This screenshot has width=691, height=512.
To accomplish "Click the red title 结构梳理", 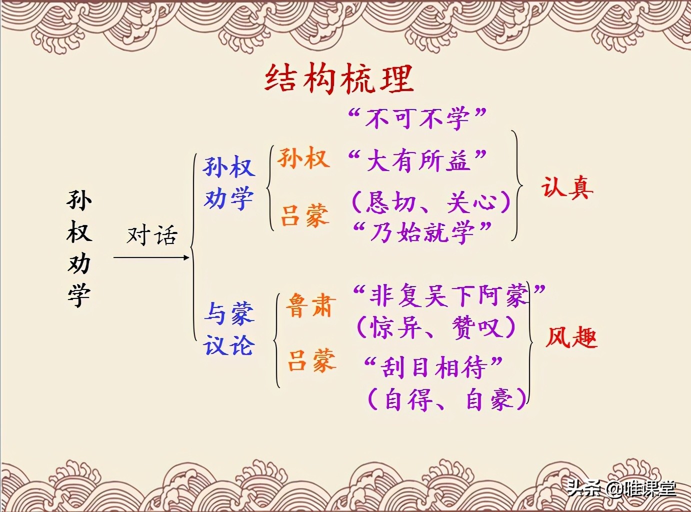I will pos(339,79).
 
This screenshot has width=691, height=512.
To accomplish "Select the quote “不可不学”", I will pos(417,118).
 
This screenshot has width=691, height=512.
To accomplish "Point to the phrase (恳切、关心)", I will pos(431,202).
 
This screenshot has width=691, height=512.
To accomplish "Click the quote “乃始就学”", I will pos(422,232).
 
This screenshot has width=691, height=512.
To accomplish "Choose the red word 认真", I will pos(567,188).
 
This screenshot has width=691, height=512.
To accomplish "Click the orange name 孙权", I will pos(303,158).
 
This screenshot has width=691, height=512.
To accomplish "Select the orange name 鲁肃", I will pos(309,305).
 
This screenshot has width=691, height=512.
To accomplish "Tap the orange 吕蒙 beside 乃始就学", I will pos(304,215).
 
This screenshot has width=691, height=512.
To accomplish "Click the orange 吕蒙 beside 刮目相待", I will pos(311,360).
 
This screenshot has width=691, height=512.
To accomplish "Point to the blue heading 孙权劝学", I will pos(228,182).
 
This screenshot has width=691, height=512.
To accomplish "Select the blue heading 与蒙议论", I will pos(229,329).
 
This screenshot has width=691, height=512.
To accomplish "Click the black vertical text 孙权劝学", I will pos(79,247).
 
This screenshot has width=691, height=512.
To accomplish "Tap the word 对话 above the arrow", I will pos(152,235).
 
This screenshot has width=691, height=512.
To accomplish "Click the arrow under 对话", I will pos(151,257).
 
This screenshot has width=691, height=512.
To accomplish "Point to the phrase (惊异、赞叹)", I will pos(435,327).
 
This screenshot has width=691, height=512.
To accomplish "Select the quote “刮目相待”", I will pos(433,367).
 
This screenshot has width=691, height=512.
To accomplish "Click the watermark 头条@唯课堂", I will pos(621,488).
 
